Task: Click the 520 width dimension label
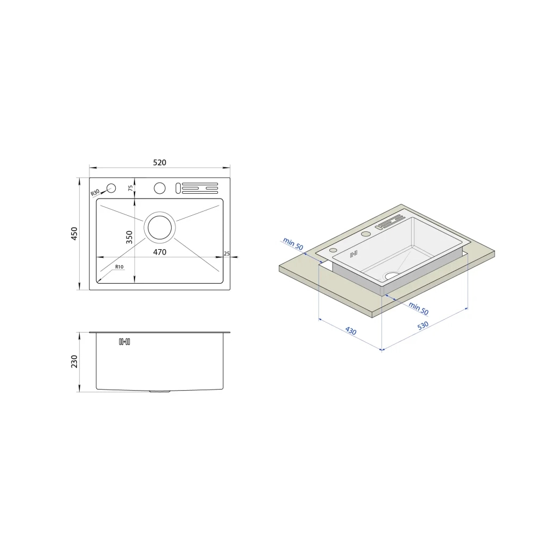[x=159, y=163]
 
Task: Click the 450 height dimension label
[x=74, y=234]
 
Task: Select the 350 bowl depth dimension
[x=129, y=237]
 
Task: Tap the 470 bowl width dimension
[x=159, y=252]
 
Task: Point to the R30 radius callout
[x=95, y=193]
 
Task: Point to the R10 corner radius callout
[x=119, y=267]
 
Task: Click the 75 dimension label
[x=131, y=188]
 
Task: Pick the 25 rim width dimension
[x=227, y=253]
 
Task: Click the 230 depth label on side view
[x=74, y=361]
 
